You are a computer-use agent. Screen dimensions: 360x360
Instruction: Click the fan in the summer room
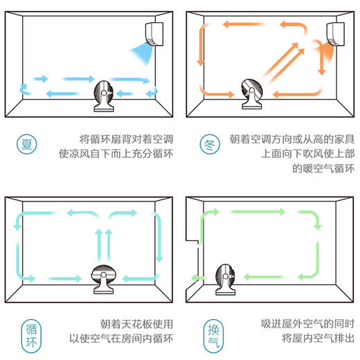tap(105, 94)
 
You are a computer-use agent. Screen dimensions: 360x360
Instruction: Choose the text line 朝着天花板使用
tap(136, 323)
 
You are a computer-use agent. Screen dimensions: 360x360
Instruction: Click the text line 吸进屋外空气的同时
tap(308, 323)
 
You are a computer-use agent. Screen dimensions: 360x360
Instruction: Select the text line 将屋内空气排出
tap(318, 339)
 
